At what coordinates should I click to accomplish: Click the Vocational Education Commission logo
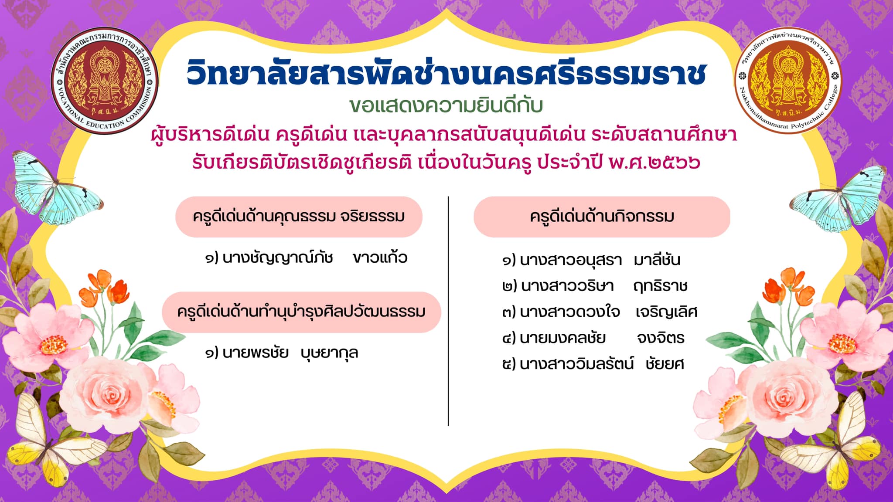[x=105, y=81]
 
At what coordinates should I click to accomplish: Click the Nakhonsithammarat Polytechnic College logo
[x=788, y=81]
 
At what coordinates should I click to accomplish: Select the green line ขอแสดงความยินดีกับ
[x=446, y=105]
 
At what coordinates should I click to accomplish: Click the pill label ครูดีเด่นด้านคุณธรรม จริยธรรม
[x=299, y=217]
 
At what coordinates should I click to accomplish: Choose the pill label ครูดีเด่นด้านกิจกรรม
[x=602, y=217]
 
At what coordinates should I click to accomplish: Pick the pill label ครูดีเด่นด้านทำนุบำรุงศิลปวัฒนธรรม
[x=301, y=312]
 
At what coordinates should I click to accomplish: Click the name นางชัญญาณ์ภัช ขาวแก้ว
[x=306, y=258]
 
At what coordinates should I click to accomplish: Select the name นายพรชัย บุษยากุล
[x=282, y=353]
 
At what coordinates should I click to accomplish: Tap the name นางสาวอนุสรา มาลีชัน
[x=591, y=260]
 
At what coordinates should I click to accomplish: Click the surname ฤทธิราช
[x=660, y=286]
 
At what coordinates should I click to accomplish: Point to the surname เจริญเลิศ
[x=666, y=312]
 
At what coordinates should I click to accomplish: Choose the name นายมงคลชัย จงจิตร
[x=593, y=338]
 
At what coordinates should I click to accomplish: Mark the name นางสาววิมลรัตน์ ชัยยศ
[x=593, y=363]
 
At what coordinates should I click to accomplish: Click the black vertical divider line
[x=448, y=311]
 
